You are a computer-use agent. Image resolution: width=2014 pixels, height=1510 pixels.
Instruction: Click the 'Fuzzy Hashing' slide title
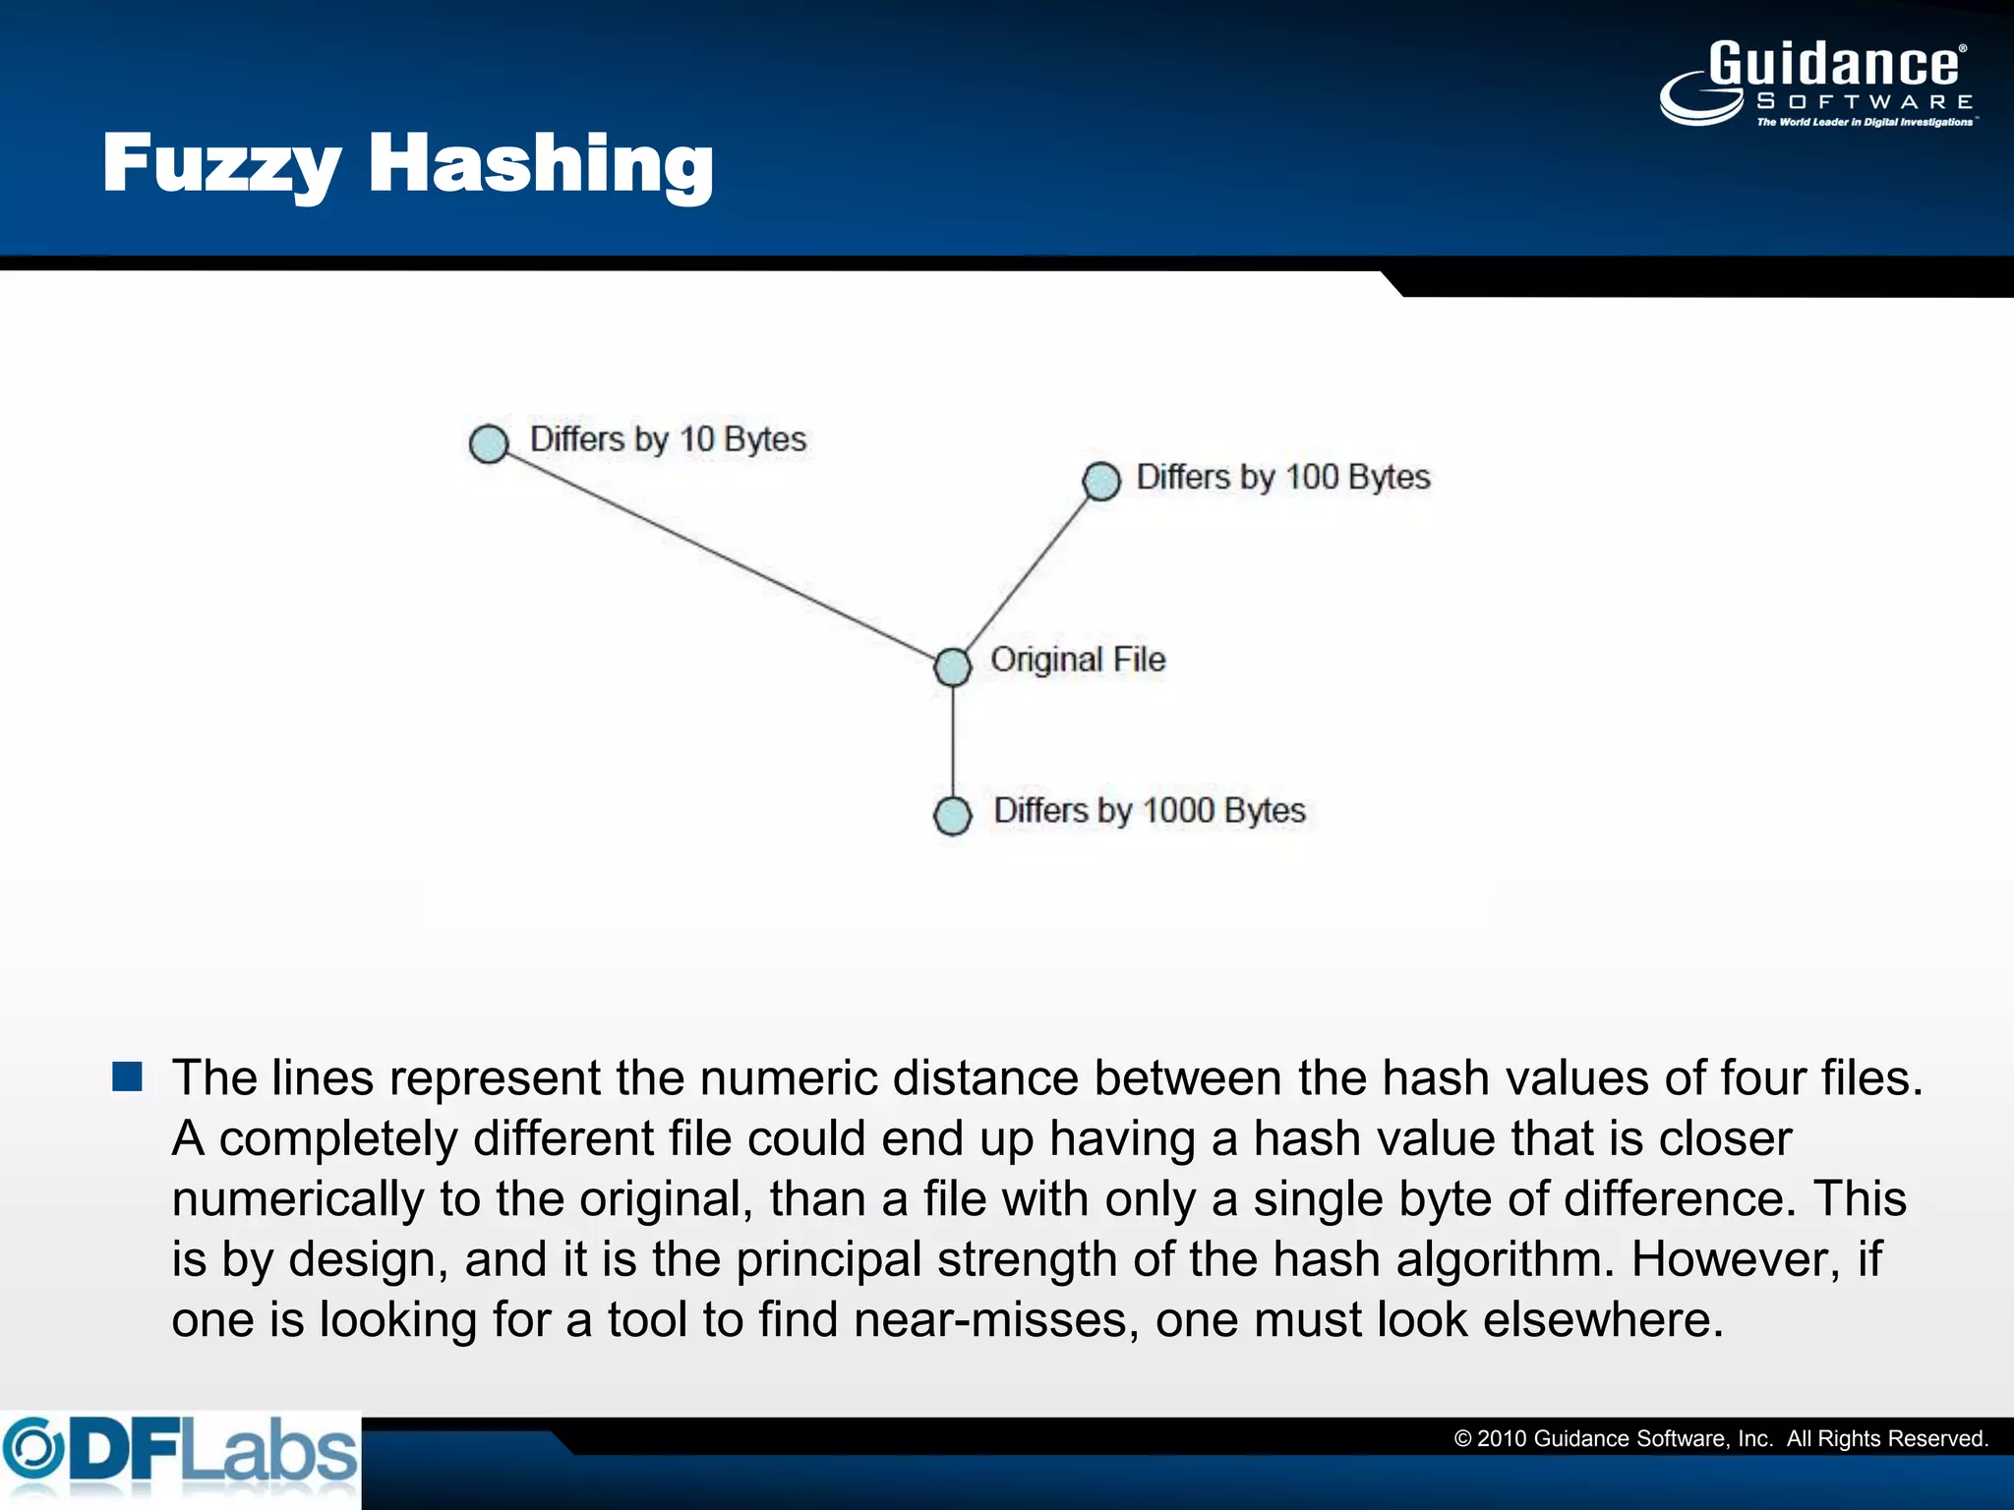[x=407, y=163]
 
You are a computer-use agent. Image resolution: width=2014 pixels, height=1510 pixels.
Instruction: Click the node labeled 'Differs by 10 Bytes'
[x=489, y=443]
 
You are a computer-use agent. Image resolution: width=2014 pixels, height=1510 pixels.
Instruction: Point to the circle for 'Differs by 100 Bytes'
[x=1101, y=481]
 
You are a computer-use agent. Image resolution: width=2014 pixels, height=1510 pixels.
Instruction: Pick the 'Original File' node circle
[x=952, y=667]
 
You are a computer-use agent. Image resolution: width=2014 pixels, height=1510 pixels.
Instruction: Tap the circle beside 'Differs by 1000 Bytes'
[x=952, y=815]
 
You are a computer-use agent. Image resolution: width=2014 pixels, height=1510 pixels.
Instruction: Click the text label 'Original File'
[x=1078, y=660]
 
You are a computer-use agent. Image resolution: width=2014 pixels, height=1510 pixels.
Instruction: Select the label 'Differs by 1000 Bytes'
[x=1150, y=811]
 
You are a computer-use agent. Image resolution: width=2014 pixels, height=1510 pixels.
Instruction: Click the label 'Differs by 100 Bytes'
[x=1283, y=478]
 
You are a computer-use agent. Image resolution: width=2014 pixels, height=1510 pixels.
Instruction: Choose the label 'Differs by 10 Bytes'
[x=668, y=439]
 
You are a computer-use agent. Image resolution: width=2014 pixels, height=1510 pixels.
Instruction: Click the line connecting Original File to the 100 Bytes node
[x=1028, y=574]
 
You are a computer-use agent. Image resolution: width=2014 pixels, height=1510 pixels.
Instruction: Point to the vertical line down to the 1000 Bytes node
[x=952, y=742]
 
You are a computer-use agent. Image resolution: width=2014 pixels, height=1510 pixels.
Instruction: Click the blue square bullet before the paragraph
[x=128, y=1077]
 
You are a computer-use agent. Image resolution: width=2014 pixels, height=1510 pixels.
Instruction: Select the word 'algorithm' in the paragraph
[x=1505, y=1259]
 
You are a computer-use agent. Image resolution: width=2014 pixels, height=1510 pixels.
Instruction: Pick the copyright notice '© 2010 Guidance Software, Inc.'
[x=1613, y=1439]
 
